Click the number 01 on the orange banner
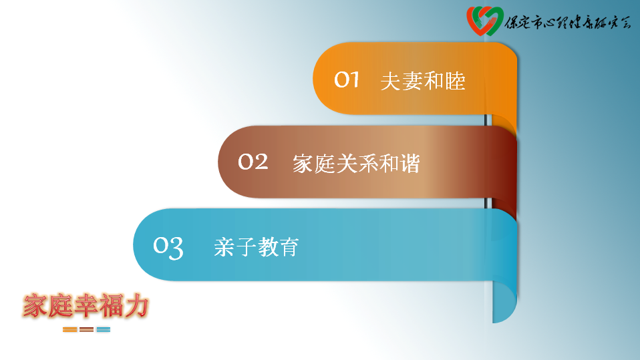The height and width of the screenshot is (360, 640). pyautogui.click(x=347, y=79)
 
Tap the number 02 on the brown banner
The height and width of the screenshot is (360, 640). pyautogui.click(x=253, y=162)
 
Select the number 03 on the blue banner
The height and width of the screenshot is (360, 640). pyautogui.click(x=168, y=247)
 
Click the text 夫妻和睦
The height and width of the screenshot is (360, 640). pyautogui.click(x=423, y=81)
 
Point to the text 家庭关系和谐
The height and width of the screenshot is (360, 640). pyautogui.click(x=356, y=164)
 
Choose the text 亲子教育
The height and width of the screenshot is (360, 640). pyautogui.click(x=257, y=247)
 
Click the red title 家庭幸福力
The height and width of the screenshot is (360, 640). pyautogui.click(x=86, y=305)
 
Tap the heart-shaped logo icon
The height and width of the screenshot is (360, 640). pyautogui.click(x=484, y=21)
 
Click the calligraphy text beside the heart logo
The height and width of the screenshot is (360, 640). pyautogui.click(x=568, y=23)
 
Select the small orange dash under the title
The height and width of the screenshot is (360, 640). pyautogui.click(x=69, y=329)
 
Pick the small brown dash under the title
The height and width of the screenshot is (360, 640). pyautogui.click(x=87, y=329)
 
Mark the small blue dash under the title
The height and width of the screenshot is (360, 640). pyautogui.click(x=104, y=329)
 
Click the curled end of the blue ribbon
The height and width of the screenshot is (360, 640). pyautogui.click(x=504, y=302)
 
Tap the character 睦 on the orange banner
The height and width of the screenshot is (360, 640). pyautogui.click(x=455, y=81)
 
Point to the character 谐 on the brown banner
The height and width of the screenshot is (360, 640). pyautogui.click(x=410, y=164)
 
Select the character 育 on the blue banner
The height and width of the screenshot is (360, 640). pyautogui.click(x=289, y=247)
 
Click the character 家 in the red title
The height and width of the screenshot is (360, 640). pyautogui.click(x=35, y=305)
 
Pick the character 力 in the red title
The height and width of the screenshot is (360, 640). pyautogui.click(x=136, y=305)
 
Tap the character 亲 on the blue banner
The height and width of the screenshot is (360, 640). pyautogui.click(x=224, y=247)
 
